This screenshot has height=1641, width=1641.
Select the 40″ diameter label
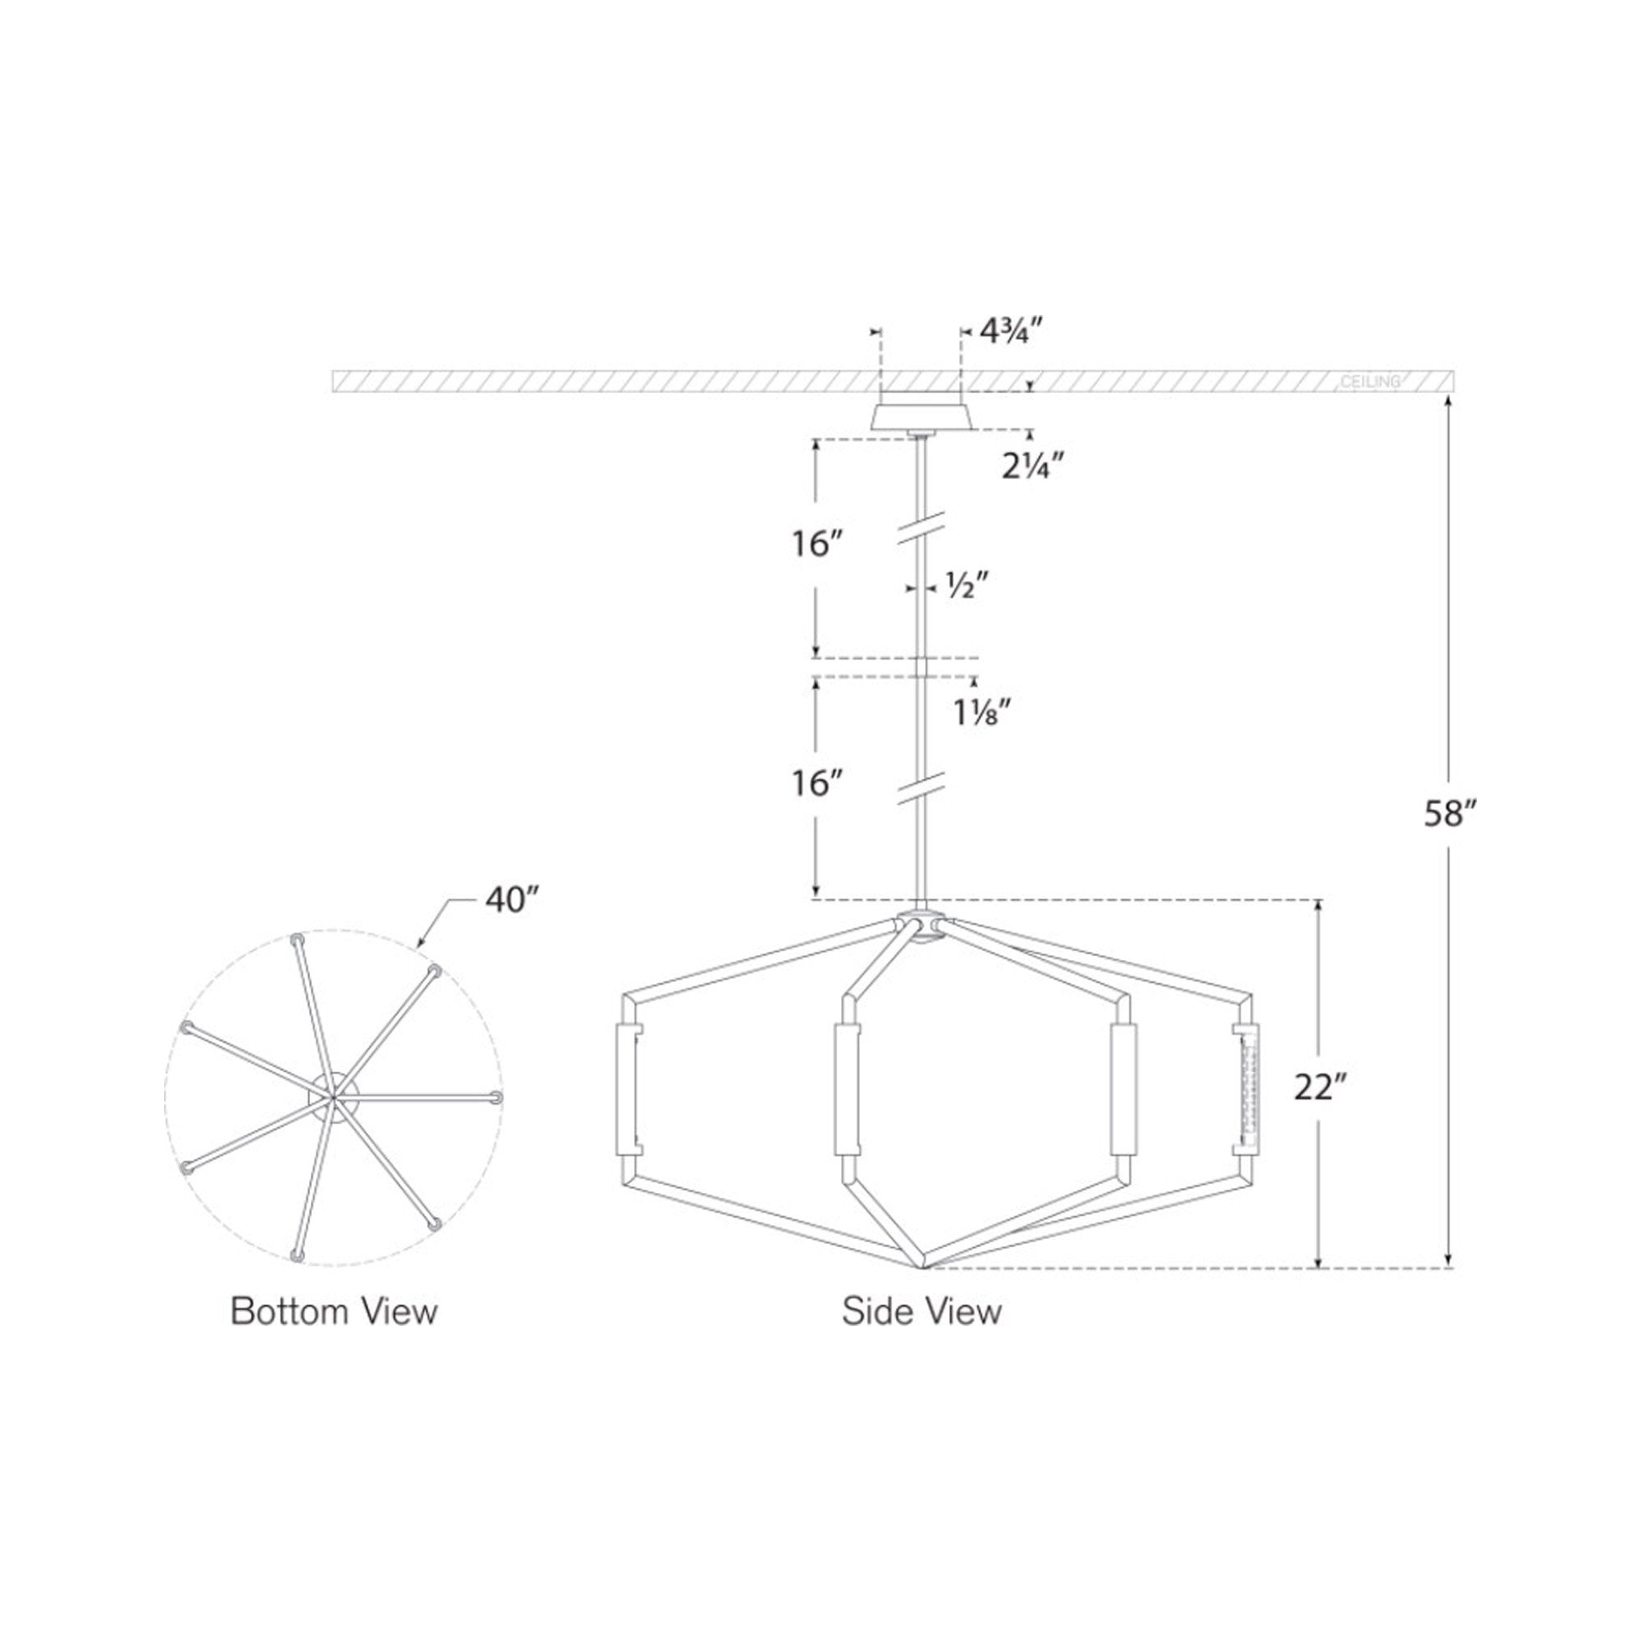pos(512,899)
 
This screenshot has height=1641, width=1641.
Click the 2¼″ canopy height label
pos(1033,465)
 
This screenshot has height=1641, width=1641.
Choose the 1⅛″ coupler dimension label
pos(980,711)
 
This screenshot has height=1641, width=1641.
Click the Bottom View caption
pos(334,1311)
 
